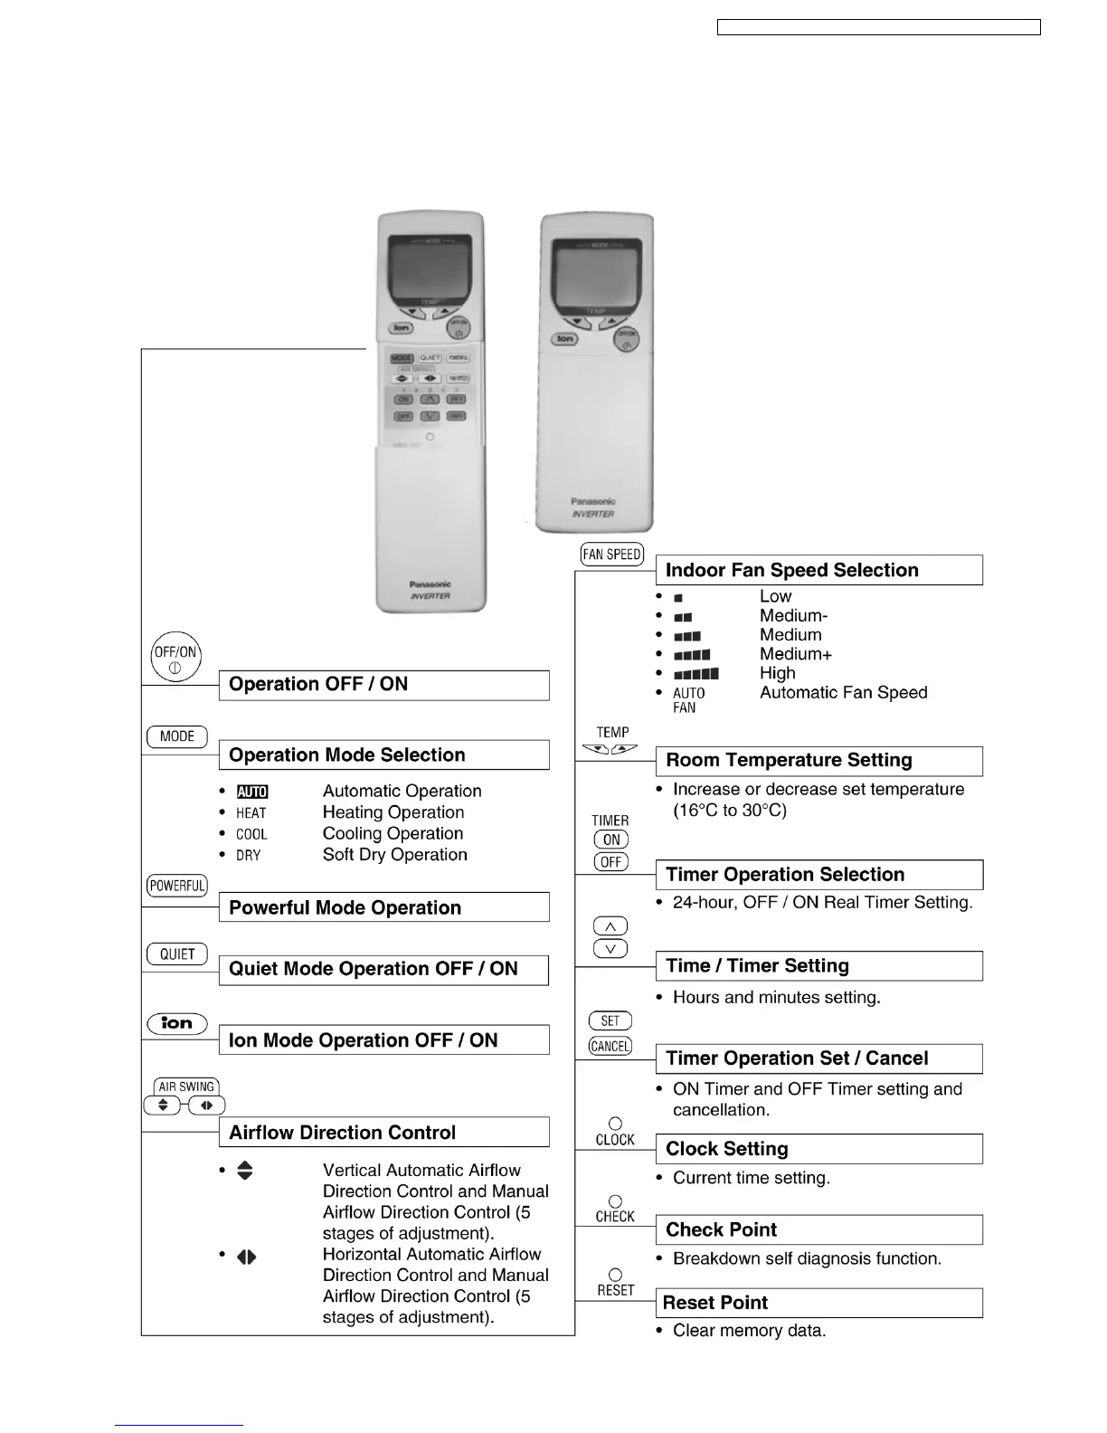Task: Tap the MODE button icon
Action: pyautogui.click(x=177, y=736)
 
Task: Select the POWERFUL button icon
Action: pyautogui.click(x=177, y=886)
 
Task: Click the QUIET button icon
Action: pyautogui.click(x=177, y=954)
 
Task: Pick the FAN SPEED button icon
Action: pyautogui.click(x=612, y=555)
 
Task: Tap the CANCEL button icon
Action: pyautogui.click(x=610, y=1047)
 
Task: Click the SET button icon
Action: pyautogui.click(x=610, y=1021)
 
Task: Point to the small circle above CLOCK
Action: pyautogui.click(x=615, y=1124)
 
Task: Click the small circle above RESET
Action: pyautogui.click(x=615, y=1275)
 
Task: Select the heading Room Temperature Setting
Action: pyautogui.click(x=789, y=761)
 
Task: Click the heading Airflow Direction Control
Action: pyautogui.click(x=343, y=1133)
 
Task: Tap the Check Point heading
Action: pyautogui.click(x=721, y=1229)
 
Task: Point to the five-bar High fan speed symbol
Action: pyautogui.click(x=696, y=674)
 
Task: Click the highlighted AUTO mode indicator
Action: pyautogui.click(x=252, y=792)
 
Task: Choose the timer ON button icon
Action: pyautogui.click(x=611, y=840)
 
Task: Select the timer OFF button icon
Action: pyautogui.click(x=611, y=862)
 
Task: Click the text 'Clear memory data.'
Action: pyautogui.click(x=749, y=1331)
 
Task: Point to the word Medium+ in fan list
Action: pyautogui.click(x=796, y=654)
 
